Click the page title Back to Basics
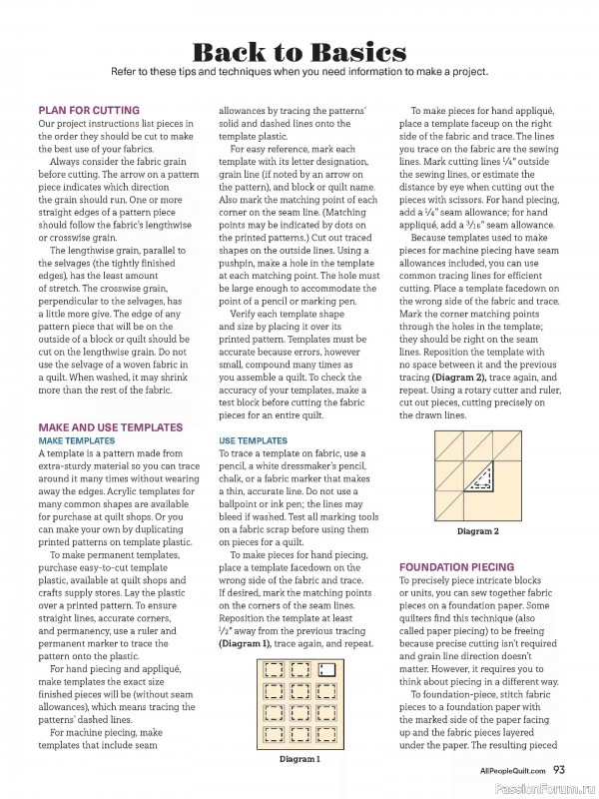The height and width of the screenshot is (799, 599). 299,52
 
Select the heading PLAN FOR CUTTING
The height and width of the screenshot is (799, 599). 89,110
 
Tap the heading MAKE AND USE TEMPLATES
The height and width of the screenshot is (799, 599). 110,426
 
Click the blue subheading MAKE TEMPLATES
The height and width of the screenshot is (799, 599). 76,440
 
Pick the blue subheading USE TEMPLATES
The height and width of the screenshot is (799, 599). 253,440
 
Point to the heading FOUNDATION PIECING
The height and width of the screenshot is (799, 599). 456,566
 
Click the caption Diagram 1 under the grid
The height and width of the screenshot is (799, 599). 299,760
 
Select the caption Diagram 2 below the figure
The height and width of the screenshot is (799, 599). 477,531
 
